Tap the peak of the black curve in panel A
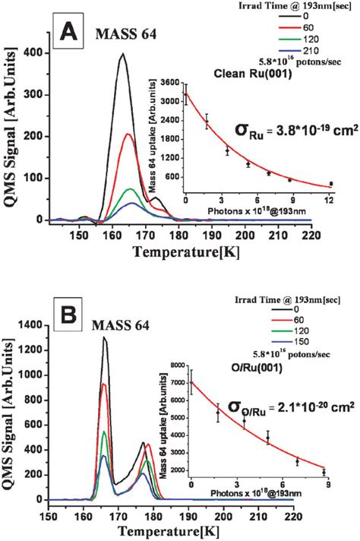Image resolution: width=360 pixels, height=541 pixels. coord(122,54)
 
